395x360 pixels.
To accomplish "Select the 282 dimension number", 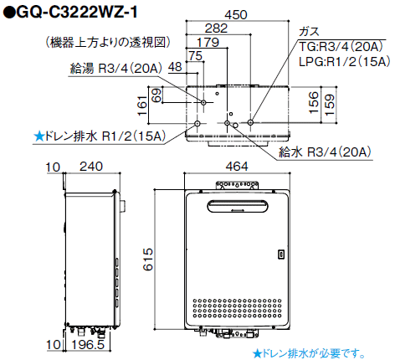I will pos(216,28).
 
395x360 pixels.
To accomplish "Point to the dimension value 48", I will pos(175,65).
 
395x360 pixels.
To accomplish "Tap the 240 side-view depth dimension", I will pos(82,167).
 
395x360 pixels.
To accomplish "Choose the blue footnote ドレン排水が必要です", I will pos(309,352).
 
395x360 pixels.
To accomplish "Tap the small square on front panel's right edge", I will pos(281,252).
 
